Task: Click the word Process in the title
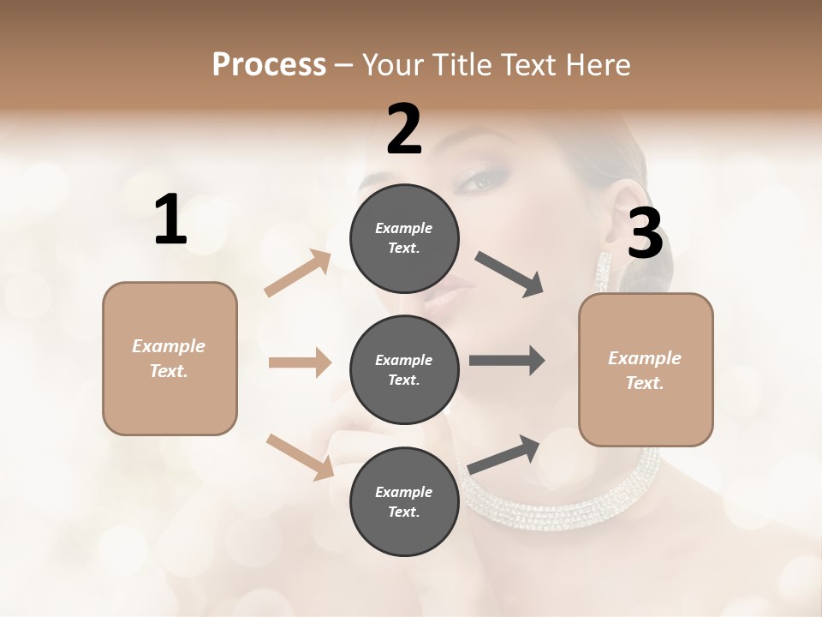[269, 64]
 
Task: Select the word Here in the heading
[596, 64]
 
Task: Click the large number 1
[170, 220]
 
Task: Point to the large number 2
[404, 129]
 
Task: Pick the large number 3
[645, 234]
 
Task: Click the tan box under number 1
[170, 358]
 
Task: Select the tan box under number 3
[646, 369]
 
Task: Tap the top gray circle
[404, 238]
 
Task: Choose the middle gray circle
[404, 369]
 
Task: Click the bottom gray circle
[404, 501]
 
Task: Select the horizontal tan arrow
[300, 362]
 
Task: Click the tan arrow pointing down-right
[301, 457]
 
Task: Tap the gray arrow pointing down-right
[510, 274]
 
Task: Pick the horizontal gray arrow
[507, 361]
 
